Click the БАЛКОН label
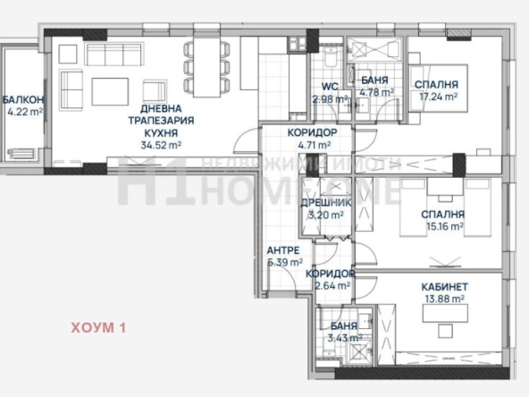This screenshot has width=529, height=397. (x=22, y=99)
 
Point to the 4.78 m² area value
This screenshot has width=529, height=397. (x=375, y=92)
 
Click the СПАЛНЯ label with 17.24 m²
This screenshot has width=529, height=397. (x=436, y=85)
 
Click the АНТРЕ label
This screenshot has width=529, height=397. (x=283, y=250)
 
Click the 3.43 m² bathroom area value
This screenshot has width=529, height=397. (x=344, y=338)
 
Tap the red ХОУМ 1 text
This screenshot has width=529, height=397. (x=98, y=327)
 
